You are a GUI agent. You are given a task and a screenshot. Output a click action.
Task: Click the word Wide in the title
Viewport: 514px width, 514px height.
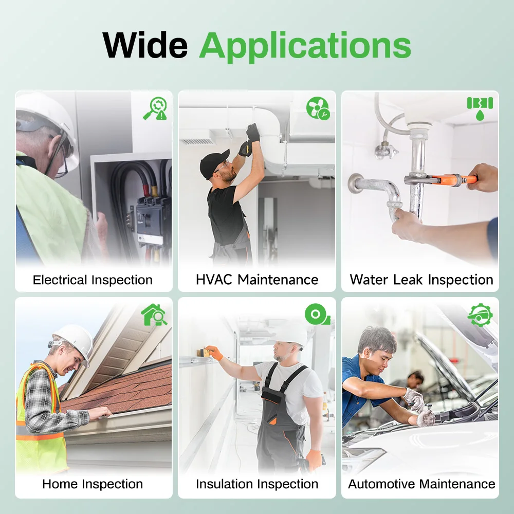tap(145, 45)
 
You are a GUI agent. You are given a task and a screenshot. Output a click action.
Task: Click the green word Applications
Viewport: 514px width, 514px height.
tap(305, 47)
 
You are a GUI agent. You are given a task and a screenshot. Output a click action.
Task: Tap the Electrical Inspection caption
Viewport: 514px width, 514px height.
tap(93, 280)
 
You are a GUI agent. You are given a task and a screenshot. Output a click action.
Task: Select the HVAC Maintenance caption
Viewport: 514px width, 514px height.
tap(257, 280)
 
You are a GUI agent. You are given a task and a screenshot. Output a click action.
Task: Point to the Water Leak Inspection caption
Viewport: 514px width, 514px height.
tap(421, 280)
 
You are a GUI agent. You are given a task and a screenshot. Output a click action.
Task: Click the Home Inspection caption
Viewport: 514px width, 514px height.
tap(93, 484)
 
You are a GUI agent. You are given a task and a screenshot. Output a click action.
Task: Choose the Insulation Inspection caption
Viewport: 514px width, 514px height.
tap(257, 484)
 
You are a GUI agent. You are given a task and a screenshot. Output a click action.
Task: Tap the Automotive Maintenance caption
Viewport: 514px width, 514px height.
tap(421, 484)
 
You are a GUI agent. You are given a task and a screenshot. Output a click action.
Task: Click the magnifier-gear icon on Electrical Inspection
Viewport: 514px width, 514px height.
tap(155, 108)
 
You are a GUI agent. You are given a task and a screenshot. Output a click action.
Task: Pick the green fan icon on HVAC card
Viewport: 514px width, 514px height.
tap(318, 108)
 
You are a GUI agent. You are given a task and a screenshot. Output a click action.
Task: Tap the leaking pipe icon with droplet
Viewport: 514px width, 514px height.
tap(480, 108)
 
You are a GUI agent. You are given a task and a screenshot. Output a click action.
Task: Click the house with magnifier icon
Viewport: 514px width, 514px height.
tap(154, 315)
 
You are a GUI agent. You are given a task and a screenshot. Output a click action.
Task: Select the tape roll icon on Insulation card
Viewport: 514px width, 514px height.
tap(317, 314)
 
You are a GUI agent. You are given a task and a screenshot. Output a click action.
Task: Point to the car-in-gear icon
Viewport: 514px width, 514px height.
tap(480, 315)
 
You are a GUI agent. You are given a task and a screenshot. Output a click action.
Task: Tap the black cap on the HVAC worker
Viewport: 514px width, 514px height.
tap(214, 162)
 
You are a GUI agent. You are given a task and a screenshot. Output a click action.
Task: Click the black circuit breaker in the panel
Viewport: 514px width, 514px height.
tap(150, 219)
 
